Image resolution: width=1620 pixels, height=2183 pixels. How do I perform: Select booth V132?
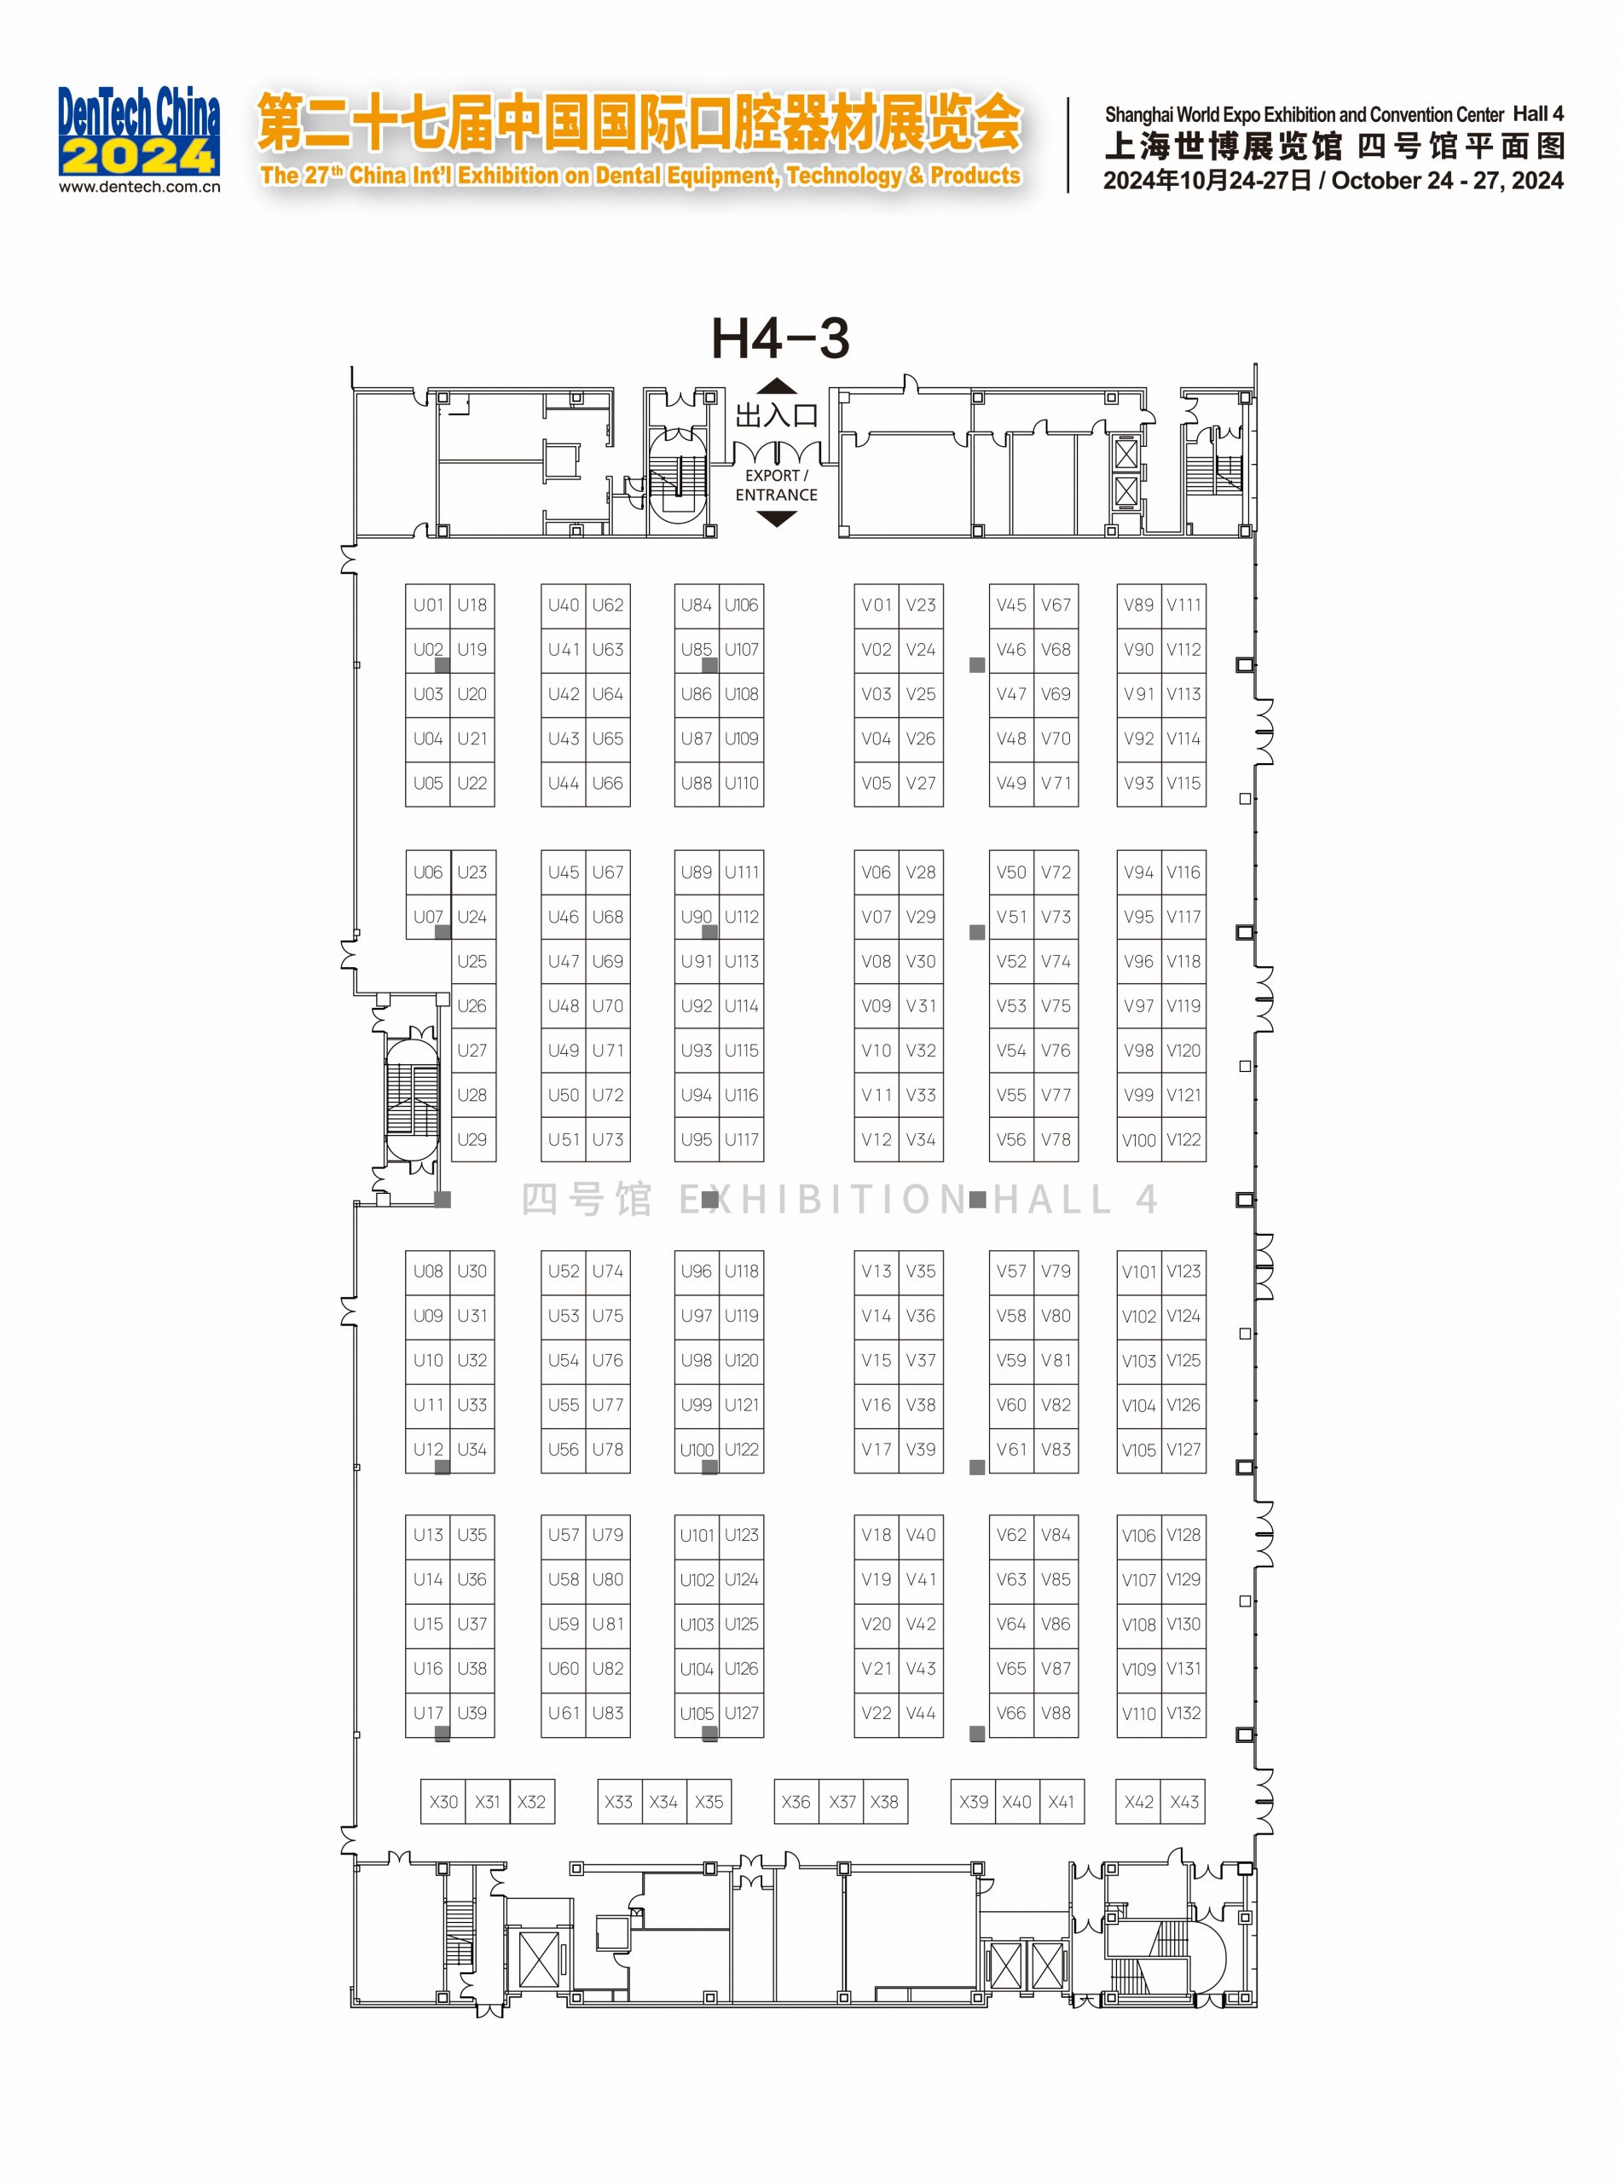1183,1713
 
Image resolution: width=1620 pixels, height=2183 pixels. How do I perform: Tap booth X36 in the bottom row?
796,1802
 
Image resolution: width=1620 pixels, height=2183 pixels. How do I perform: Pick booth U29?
472,1139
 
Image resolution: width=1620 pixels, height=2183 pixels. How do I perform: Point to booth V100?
1138,1139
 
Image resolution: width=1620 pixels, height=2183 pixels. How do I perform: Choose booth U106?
741,605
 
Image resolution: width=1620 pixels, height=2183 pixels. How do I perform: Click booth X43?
1183,1802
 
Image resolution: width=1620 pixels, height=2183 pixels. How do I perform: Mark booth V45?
1011,605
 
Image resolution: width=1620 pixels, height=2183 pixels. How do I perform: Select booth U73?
608,1139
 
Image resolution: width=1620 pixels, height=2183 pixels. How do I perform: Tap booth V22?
877,1713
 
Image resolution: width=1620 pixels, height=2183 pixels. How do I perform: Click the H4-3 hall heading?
780,339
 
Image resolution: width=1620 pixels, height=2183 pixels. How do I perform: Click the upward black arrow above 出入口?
777,386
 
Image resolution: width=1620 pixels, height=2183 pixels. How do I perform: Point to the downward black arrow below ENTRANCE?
777,518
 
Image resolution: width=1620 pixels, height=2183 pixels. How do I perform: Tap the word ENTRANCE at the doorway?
777,495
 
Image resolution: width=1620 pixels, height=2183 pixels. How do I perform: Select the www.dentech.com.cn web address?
139,187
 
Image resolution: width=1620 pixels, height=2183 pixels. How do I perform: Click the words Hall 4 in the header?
1539,113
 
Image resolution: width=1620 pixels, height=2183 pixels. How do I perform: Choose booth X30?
443,1802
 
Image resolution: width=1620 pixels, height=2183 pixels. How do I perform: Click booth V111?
1183,605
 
